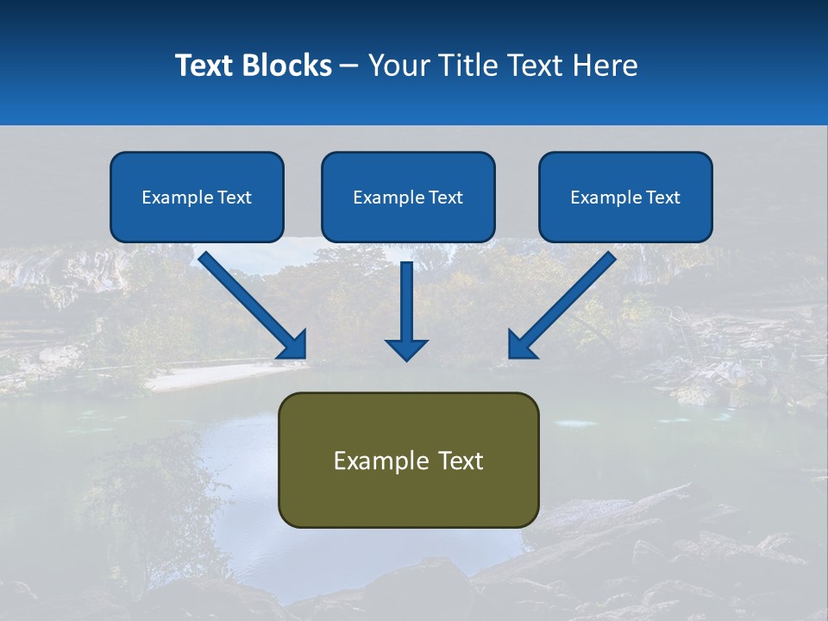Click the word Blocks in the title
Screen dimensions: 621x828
[x=288, y=65]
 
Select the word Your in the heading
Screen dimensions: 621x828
[x=396, y=65]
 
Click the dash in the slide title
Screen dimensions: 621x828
[x=349, y=66]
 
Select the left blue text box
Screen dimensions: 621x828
[x=197, y=197]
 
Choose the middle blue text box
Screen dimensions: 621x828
[x=408, y=197]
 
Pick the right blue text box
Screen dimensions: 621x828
[x=625, y=197]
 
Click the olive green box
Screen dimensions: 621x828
[x=408, y=460]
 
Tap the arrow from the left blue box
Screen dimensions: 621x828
[x=250, y=303]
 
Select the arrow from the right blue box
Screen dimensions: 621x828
[x=565, y=303]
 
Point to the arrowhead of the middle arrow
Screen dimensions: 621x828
[x=406, y=348]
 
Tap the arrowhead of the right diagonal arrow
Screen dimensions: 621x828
[x=521, y=345]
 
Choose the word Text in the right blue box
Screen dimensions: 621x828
[x=662, y=198]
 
